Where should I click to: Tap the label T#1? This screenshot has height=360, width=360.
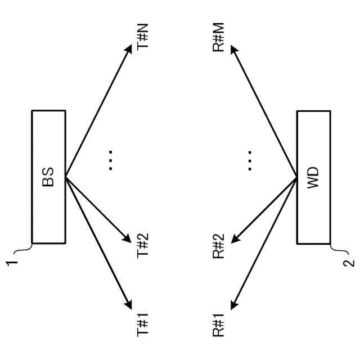click(x=144, y=326)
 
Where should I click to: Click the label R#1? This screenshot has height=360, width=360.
click(x=219, y=325)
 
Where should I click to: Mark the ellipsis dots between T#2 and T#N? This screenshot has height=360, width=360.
click(x=111, y=160)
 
